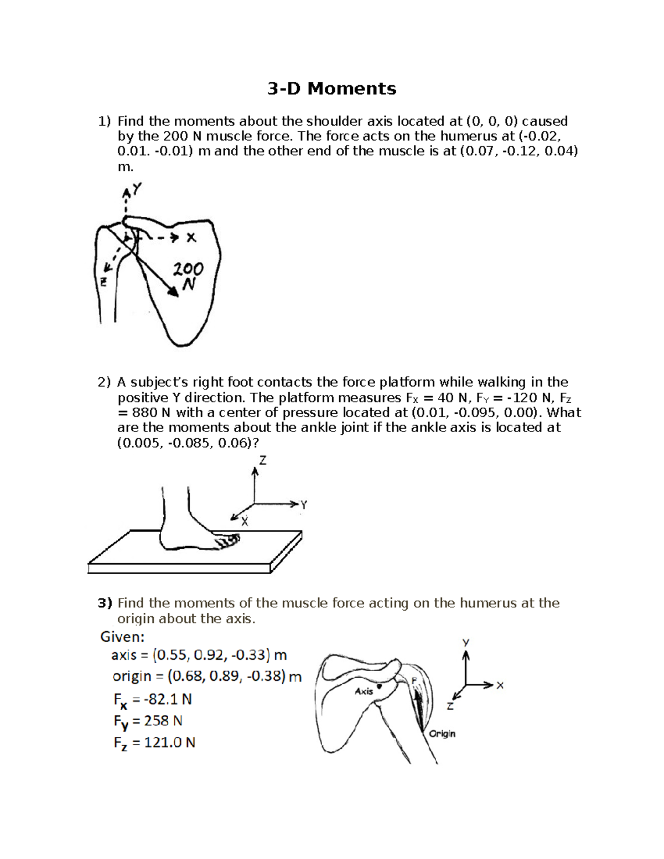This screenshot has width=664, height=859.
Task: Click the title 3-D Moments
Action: [x=331, y=88]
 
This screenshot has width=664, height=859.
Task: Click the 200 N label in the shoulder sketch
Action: [x=188, y=276]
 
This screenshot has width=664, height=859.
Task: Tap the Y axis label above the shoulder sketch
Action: [x=136, y=190]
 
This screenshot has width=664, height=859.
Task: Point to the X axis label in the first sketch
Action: [x=191, y=238]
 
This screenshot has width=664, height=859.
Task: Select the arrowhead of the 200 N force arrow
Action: [x=174, y=294]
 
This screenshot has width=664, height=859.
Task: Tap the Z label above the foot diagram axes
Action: [x=262, y=460]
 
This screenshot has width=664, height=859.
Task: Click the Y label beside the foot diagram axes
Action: [x=304, y=504]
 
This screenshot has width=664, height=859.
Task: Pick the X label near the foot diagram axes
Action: [x=245, y=521]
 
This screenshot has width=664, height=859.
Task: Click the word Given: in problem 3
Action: [x=122, y=637]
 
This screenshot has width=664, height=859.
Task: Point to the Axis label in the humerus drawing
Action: [x=364, y=691]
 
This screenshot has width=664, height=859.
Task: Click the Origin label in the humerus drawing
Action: [x=442, y=733]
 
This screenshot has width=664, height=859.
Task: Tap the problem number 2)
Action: [x=104, y=382]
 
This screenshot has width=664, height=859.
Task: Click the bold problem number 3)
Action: [x=105, y=603]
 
